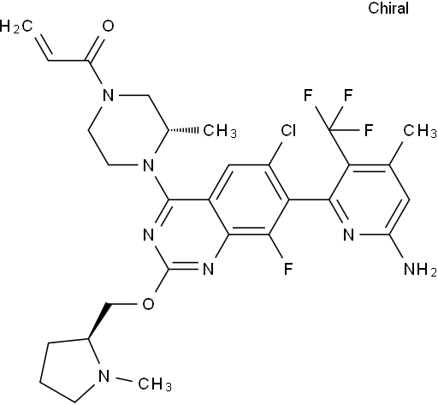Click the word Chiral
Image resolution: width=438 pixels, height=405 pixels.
click(388, 8)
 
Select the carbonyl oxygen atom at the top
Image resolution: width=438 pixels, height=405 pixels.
click(108, 26)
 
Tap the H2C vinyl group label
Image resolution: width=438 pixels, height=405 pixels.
click(16, 27)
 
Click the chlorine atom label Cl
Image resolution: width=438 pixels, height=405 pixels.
click(288, 130)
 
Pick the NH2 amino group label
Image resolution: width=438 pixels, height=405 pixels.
click(420, 269)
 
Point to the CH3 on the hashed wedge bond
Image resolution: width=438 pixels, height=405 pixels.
click(220, 131)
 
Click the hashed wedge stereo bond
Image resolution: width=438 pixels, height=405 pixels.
click(182, 130)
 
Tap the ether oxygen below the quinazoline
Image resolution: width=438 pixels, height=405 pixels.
click(148, 304)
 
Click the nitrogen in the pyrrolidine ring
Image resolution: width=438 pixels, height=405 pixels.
click(104, 376)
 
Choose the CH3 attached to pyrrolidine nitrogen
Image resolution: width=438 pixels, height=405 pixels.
click(155, 384)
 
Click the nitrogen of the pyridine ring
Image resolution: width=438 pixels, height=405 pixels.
click(348, 235)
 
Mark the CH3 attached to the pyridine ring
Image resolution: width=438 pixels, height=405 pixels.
click(420, 131)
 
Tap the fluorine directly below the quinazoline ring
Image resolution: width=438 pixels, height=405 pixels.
click(288, 269)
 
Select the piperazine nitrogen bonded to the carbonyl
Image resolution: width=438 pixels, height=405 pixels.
click(108, 95)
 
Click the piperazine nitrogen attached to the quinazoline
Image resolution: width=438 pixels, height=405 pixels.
click(148, 165)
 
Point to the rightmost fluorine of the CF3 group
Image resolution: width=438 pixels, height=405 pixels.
click(369, 130)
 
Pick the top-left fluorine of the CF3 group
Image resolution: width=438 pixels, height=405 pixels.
click(308, 95)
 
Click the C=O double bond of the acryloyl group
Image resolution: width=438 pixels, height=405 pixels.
click(96, 49)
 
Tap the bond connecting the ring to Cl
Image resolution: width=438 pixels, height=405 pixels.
click(275, 153)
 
